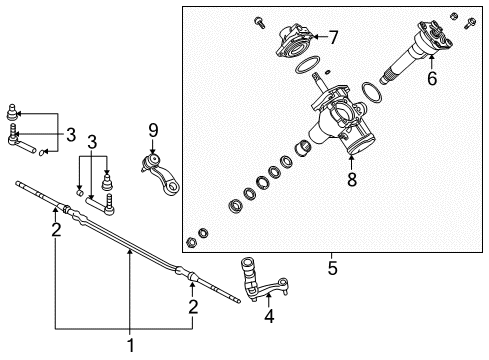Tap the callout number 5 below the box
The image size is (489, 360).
(x=331, y=268)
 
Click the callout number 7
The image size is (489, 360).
(x=333, y=38)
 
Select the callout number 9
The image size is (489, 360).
(x=153, y=130)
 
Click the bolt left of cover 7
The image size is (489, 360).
(x=258, y=19)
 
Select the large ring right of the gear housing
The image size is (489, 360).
(x=372, y=94)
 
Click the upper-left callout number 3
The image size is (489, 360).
(x=70, y=134)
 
